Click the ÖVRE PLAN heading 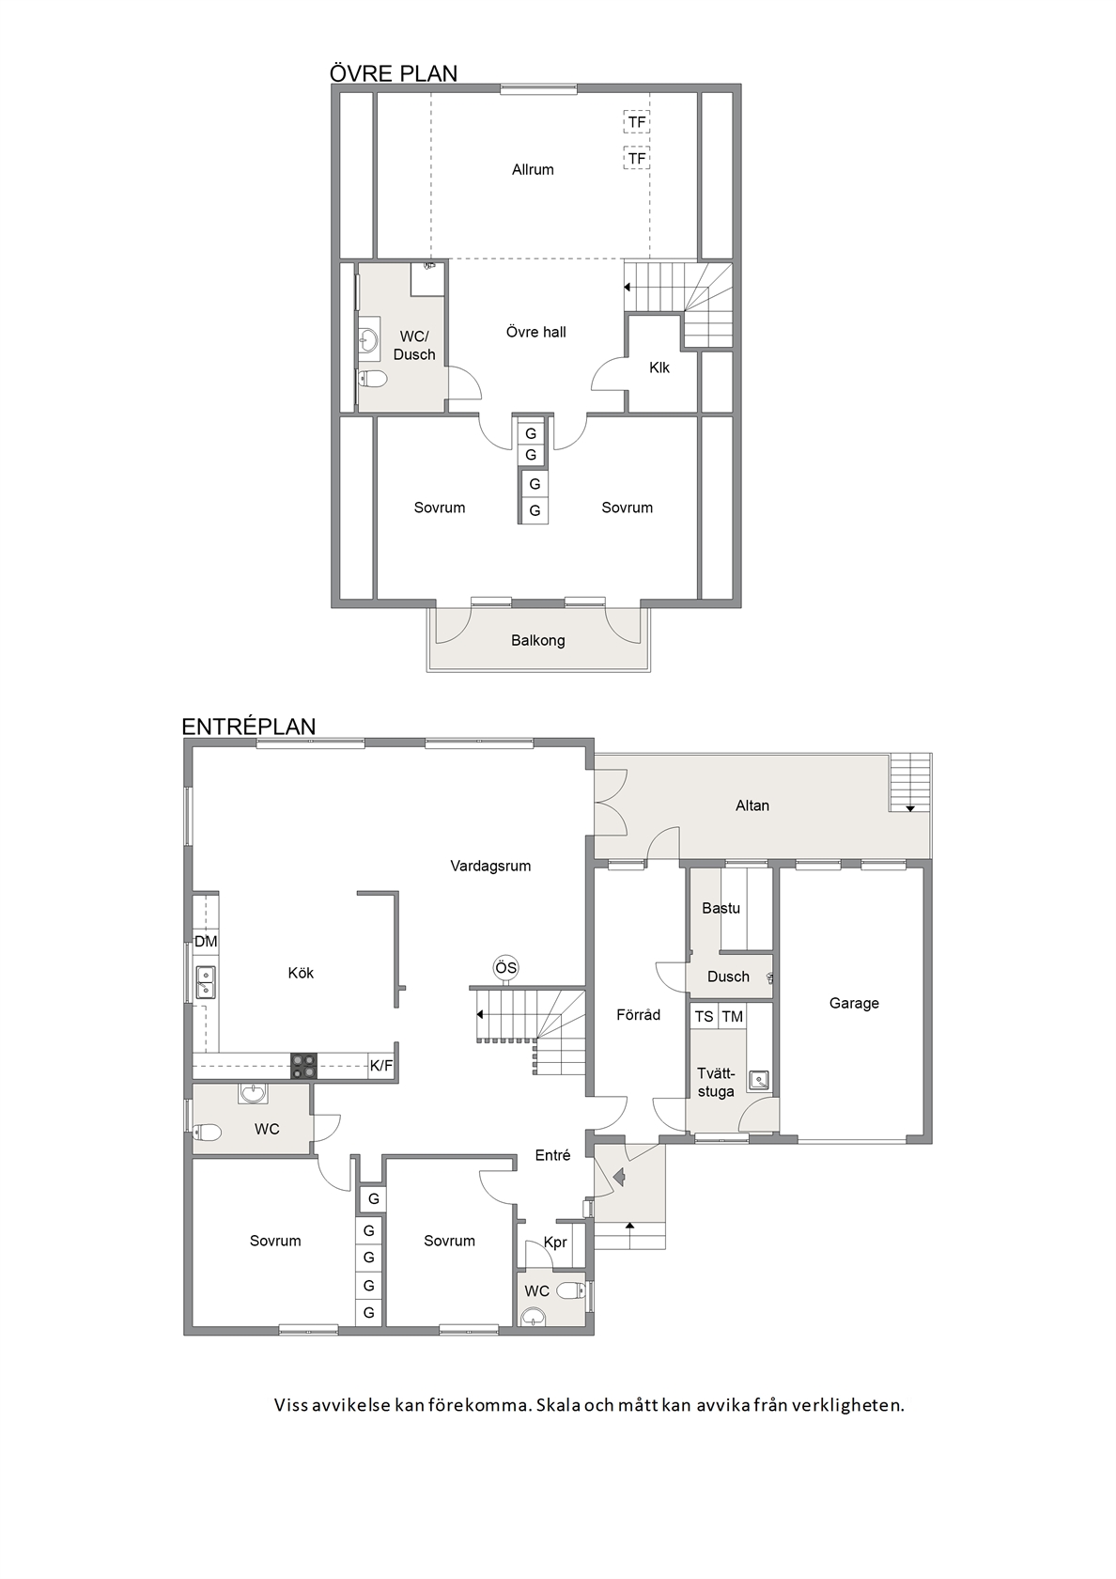click(x=393, y=73)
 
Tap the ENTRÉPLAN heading click(x=249, y=726)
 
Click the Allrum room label click(x=533, y=169)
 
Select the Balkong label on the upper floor click(x=537, y=640)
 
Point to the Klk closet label click(x=659, y=367)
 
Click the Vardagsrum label click(x=490, y=866)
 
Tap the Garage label click(x=854, y=1002)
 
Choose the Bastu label click(x=721, y=908)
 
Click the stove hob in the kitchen click(x=303, y=1065)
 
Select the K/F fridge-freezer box click(x=381, y=1066)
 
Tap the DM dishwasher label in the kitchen click(x=206, y=941)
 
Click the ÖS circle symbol click(x=505, y=968)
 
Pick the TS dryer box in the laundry click(x=704, y=1017)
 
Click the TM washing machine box click(x=732, y=1017)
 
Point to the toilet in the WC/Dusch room click(x=372, y=380)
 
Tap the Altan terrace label click(x=752, y=805)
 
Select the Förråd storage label click(x=639, y=1014)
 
